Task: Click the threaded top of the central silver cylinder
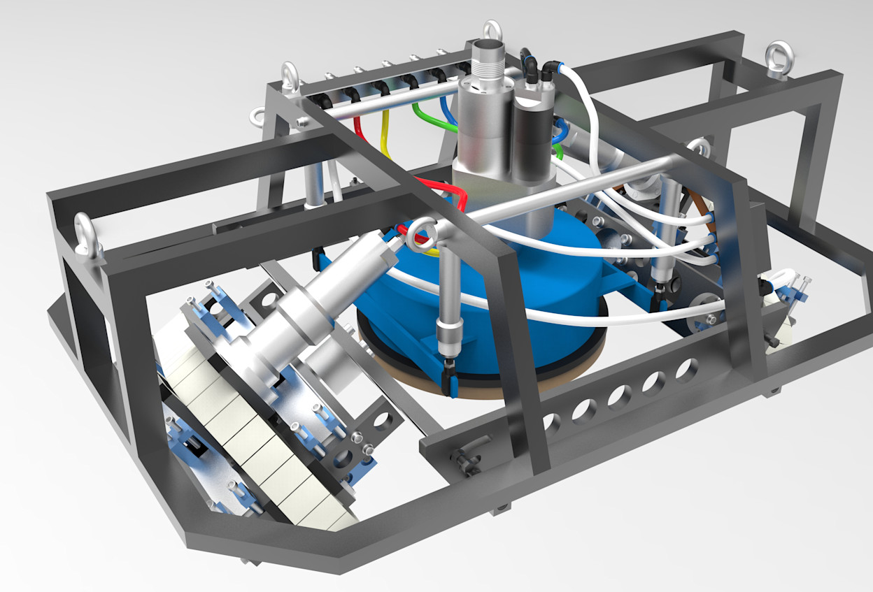point(487,57)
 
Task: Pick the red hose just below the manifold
point(359,126)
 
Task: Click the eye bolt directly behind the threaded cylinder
point(492,31)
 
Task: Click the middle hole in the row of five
point(620,396)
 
